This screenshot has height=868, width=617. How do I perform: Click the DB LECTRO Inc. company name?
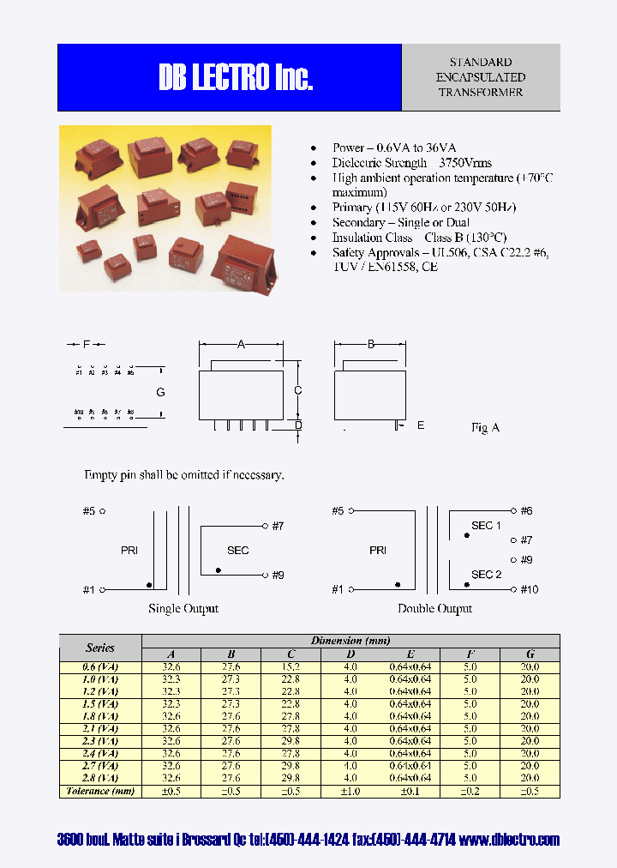click(236, 78)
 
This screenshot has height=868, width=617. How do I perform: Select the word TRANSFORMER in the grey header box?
click(480, 93)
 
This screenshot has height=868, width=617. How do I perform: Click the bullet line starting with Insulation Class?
click(419, 238)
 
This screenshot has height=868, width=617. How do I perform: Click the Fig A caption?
click(485, 427)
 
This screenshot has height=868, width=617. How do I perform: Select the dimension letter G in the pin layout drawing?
click(160, 393)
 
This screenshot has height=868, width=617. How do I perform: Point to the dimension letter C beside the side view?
click(297, 391)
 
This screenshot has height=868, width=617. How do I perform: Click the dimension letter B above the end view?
click(370, 345)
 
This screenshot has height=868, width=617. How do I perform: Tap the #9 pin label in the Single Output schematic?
click(277, 575)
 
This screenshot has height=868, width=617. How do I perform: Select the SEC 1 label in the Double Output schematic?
click(486, 525)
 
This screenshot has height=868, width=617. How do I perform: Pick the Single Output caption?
click(183, 608)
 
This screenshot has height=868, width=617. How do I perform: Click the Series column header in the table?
click(100, 648)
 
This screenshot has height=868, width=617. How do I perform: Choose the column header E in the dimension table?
click(410, 654)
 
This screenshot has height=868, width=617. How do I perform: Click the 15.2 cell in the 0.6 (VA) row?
click(290, 666)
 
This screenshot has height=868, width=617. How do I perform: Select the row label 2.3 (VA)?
click(100, 740)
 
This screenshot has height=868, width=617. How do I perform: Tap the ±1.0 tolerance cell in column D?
click(350, 791)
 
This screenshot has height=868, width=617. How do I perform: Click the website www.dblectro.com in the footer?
click(509, 840)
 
